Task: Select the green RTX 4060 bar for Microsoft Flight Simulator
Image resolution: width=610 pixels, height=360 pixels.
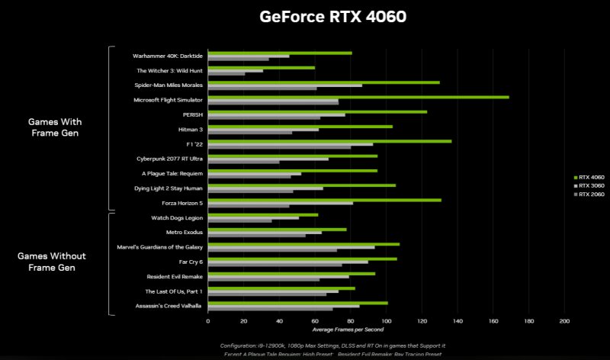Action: [x=358, y=97]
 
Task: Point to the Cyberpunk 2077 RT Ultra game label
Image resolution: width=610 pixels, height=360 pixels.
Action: [x=169, y=159]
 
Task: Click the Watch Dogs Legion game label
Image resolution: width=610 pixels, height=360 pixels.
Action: [x=176, y=217]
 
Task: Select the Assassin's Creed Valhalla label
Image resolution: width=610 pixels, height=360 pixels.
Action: [x=169, y=306]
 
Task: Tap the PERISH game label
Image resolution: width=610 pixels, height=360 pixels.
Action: [x=192, y=114]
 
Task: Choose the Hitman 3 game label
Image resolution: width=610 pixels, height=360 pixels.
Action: [x=189, y=129]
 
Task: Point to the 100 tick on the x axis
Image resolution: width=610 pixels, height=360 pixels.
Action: [x=386, y=321]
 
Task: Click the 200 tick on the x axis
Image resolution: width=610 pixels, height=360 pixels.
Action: [x=564, y=321]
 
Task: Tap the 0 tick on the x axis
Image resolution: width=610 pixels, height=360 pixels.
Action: [x=208, y=321]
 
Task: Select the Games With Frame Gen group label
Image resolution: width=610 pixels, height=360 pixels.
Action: [x=55, y=127]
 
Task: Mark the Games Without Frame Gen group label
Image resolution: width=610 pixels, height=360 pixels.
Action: [x=52, y=262]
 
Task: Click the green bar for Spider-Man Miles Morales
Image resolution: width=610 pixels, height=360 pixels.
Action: [x=323, y=82]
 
